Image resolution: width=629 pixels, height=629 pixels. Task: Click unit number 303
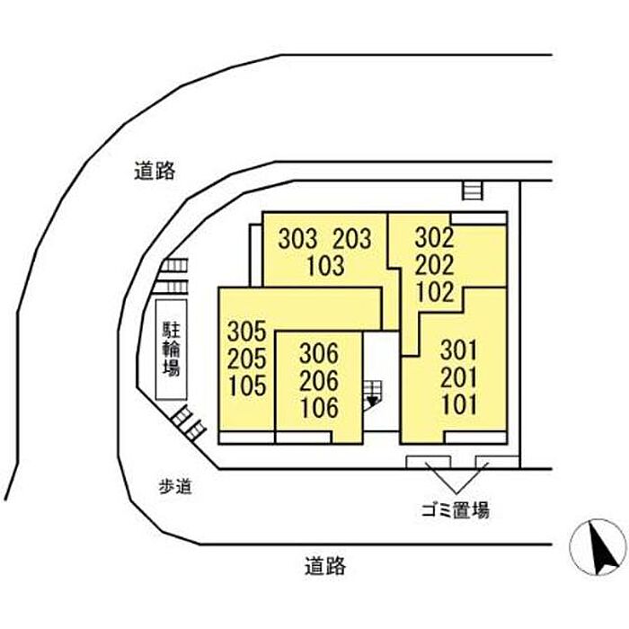(x=297, y=238)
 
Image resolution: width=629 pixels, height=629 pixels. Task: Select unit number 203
(x=352, y=238)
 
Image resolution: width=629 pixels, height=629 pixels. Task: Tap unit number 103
(x=325, y=266)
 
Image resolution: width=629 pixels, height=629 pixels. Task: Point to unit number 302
(x=434, y=237)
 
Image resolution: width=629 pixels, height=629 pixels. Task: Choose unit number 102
(x=435, y=292)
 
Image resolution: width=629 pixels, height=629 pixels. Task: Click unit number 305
(x=247, y=331)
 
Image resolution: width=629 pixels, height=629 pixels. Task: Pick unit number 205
(x=247, y=359)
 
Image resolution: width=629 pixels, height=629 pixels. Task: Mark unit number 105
(x=247, y=385)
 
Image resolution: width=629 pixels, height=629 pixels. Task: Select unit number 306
(x=319, y=353)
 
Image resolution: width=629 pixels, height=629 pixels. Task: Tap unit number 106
(x=320, y=408)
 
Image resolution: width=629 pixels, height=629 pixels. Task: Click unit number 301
(x=459, y=350)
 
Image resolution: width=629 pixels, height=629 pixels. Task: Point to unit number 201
(x=459, y=377)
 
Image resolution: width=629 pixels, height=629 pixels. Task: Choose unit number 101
(x=460, y=404)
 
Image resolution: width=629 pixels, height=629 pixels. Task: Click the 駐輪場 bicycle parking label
(x=172, y=349)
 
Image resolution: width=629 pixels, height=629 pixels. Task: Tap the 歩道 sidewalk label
(x=175, y=487)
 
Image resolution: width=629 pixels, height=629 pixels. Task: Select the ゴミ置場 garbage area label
(x=456, y=510)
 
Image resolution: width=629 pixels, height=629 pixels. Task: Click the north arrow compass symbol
(x=598, y=547)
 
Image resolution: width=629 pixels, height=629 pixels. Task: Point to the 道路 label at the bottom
(x=325, y=566)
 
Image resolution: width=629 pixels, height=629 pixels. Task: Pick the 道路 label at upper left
(x=155, y=171)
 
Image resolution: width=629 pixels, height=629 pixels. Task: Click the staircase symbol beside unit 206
(x=373, y=395)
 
